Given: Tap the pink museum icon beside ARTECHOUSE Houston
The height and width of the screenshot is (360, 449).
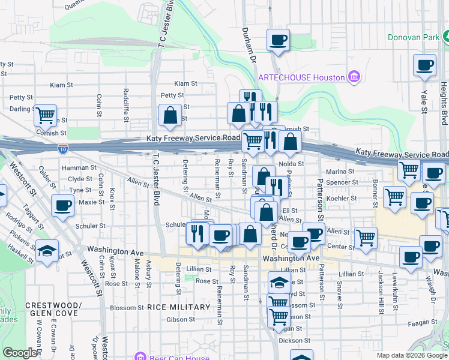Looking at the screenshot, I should click(354, 77).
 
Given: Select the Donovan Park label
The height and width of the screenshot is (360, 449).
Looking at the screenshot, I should click(414, 37).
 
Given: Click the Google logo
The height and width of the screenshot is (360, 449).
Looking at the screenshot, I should click(20, 353).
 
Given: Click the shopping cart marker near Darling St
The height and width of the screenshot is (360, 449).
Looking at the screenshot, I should click(45, 114).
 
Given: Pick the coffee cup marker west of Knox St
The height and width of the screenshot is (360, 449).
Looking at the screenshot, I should click(62, 205).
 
